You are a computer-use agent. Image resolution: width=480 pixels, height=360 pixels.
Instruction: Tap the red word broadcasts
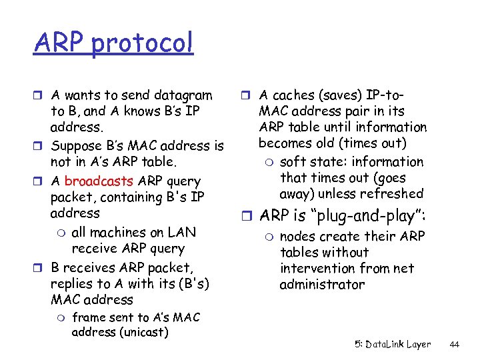(x=99, y=181)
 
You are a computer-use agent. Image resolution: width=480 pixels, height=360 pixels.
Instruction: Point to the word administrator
(x=322, y=285)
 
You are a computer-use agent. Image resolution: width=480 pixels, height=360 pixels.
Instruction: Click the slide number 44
(x=455, y=345)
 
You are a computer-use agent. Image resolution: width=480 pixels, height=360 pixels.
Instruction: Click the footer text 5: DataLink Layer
(x=392, y=345)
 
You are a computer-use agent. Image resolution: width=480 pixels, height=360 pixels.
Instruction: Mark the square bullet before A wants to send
(x=39, y=95)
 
